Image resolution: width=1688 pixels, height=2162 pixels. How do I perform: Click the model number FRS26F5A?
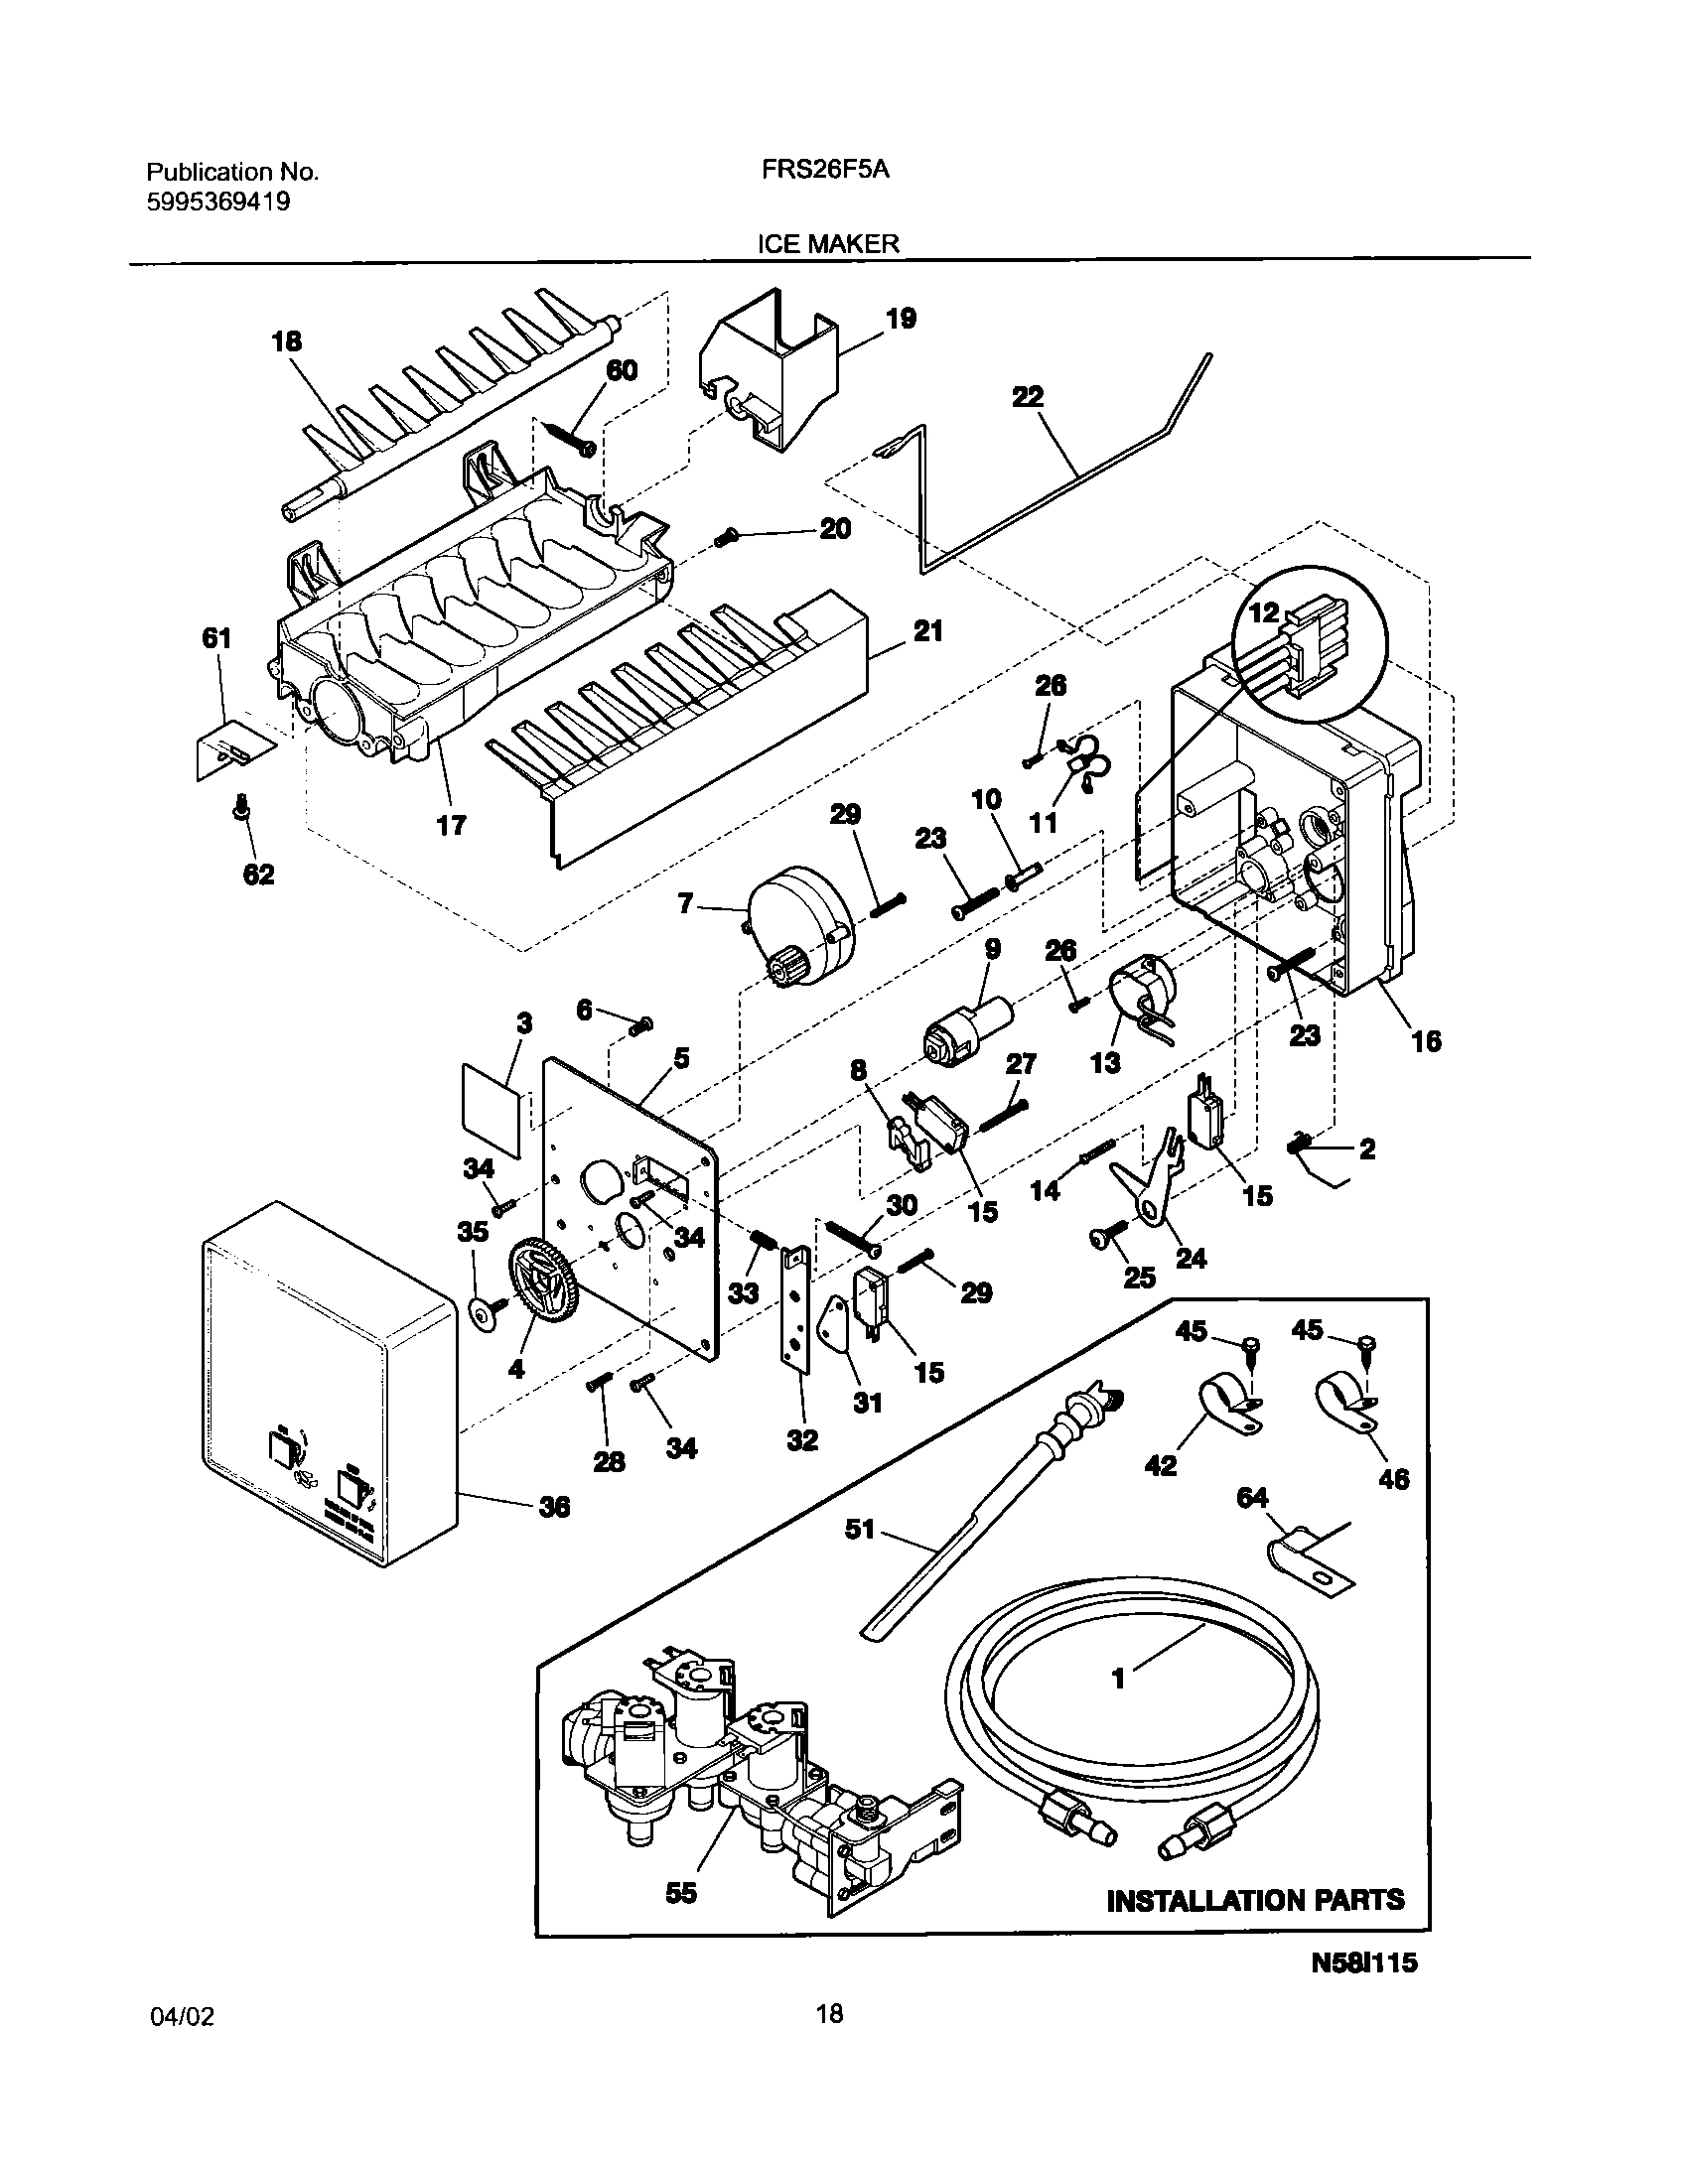(x=825, y=170)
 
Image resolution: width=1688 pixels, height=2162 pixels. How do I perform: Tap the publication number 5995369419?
(x=218, y=203)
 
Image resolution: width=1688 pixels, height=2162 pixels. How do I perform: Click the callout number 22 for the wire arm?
(x=1028, y=396)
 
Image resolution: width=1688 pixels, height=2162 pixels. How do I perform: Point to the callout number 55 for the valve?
(x=681, y=1893)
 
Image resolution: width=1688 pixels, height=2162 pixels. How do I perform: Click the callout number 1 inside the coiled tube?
(x=1119, y=1679)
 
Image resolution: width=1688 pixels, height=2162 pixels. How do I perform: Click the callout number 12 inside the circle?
(x=1264, y=612)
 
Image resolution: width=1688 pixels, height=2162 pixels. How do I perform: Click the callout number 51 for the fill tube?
(x=860, y=1530)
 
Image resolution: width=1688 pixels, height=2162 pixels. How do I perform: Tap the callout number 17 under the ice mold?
(x=451, y=824)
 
